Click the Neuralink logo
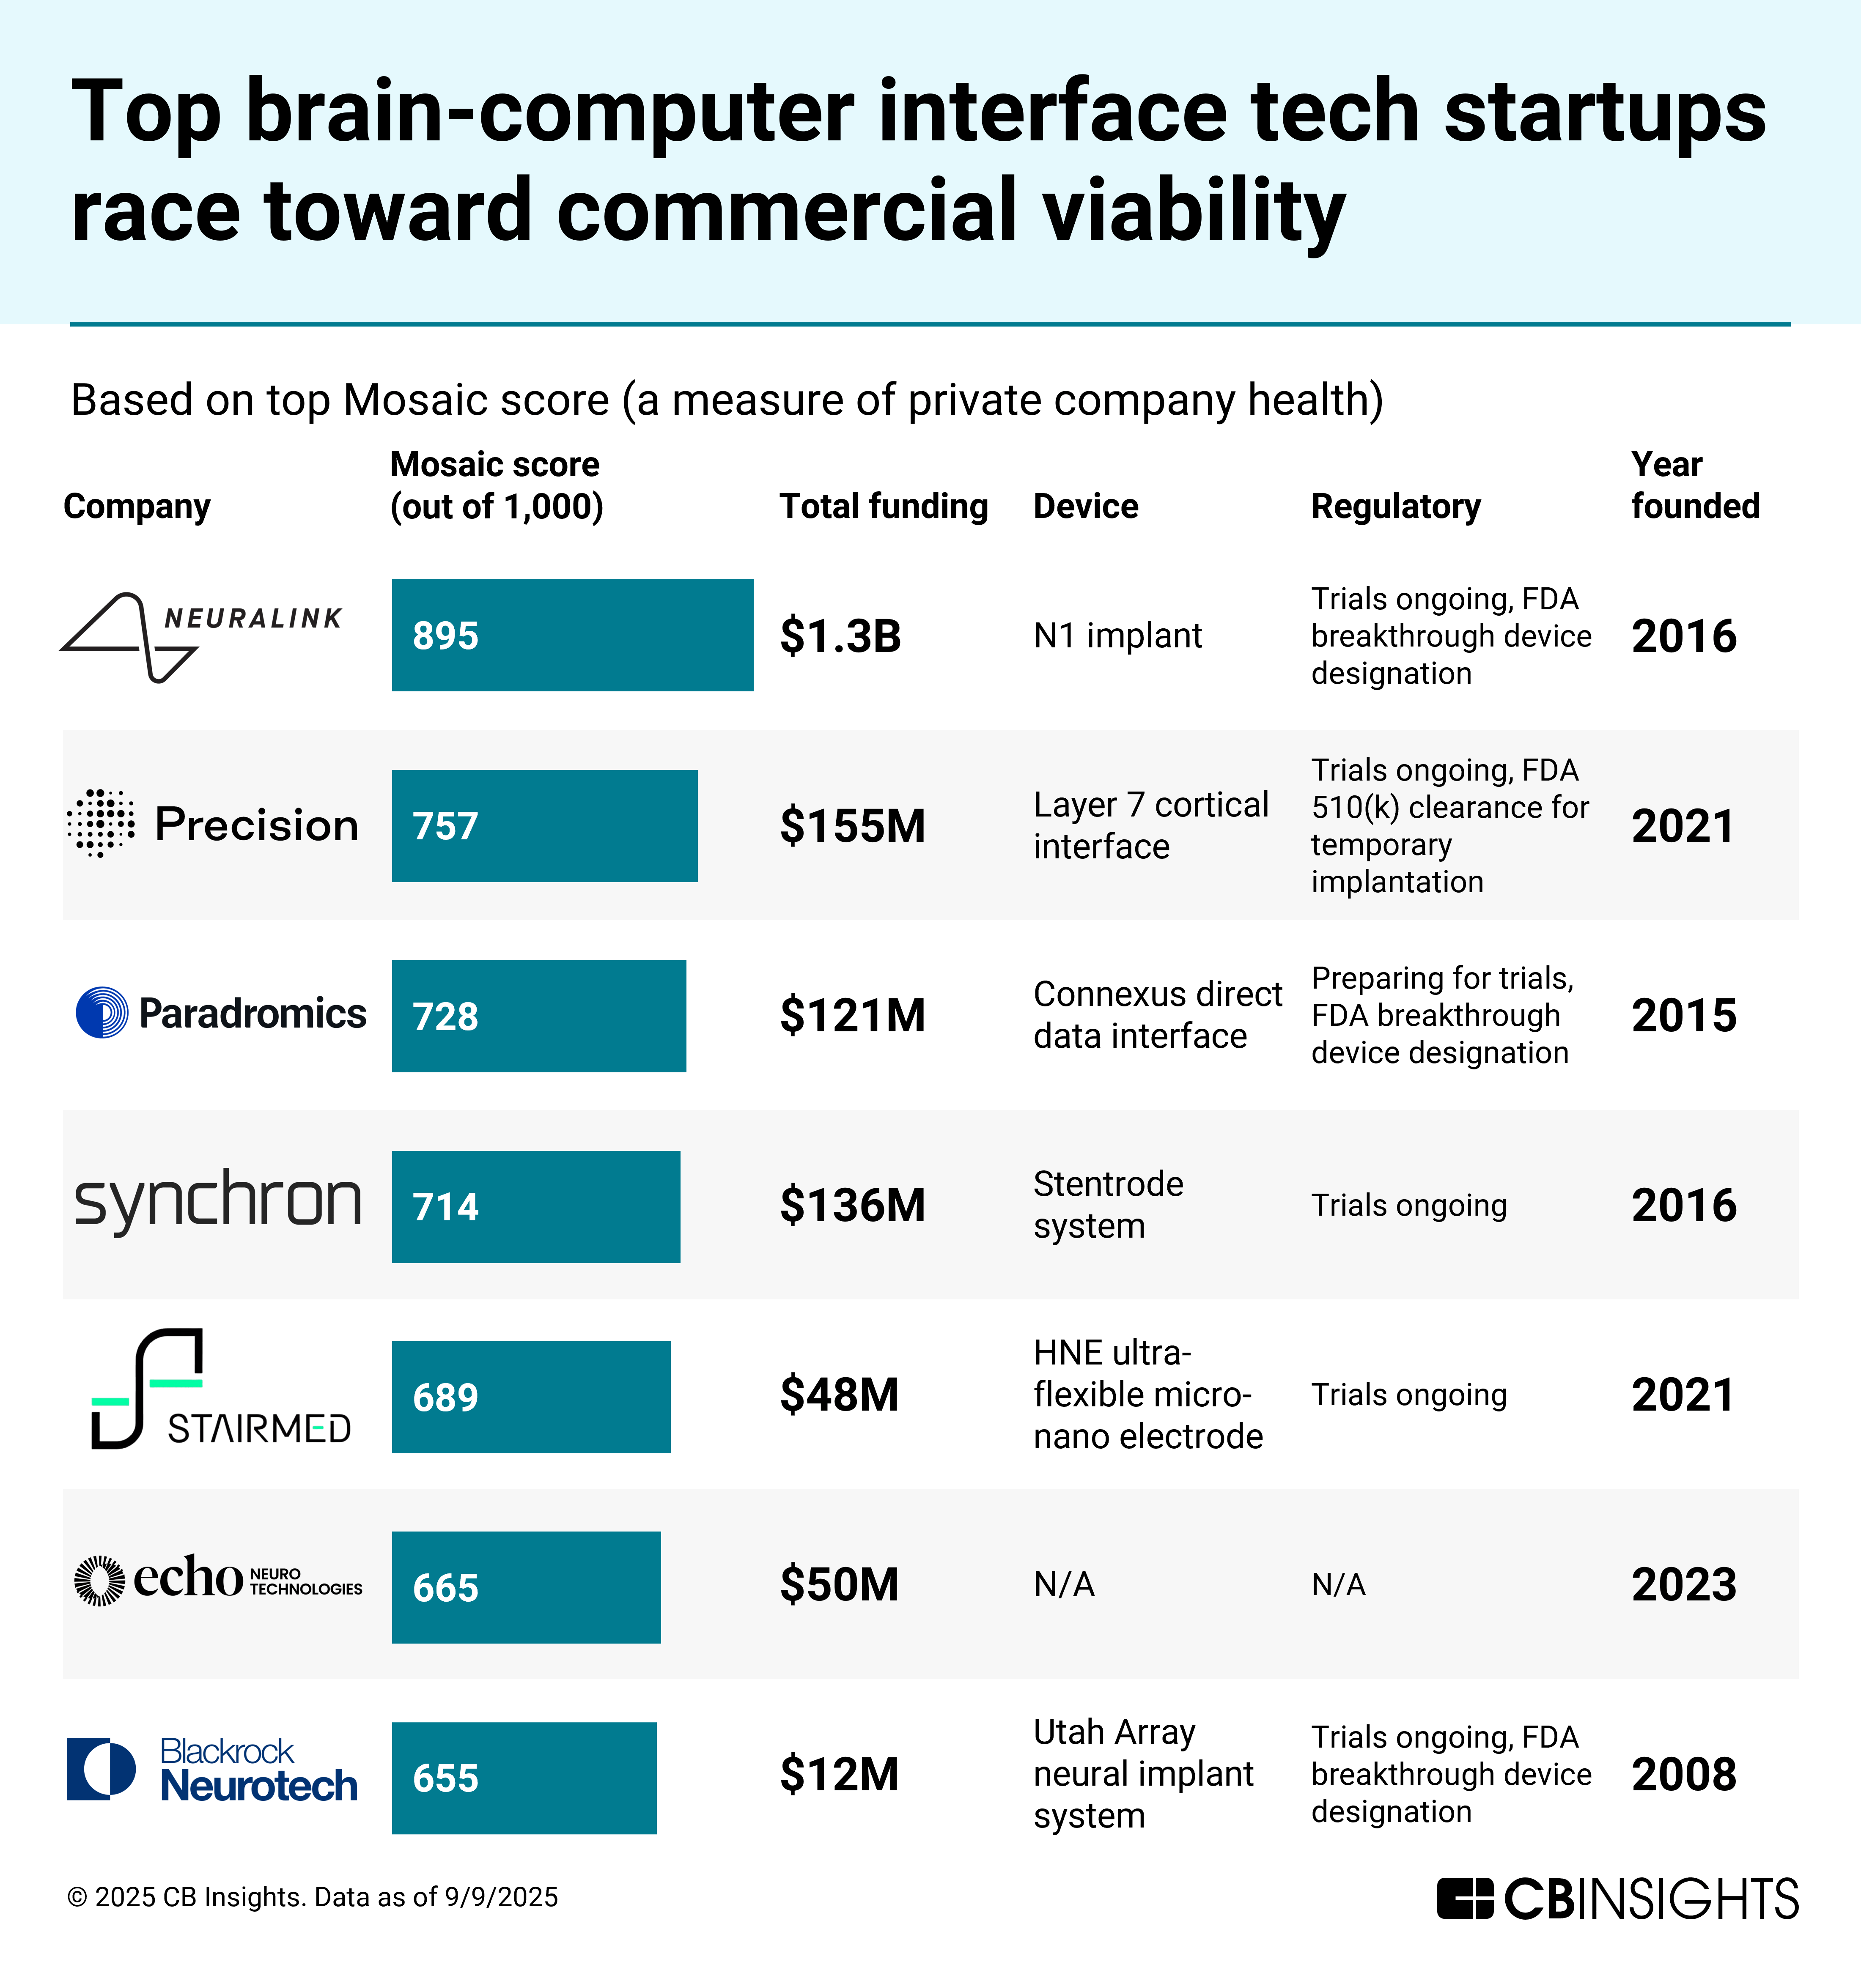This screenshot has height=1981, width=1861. pos(201,636)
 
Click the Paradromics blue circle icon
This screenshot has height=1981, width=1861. pos(102,1012)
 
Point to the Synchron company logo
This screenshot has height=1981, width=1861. pos(217,1202)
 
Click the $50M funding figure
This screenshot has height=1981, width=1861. pos(839,1584)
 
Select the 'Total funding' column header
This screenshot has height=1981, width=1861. pos(883,506)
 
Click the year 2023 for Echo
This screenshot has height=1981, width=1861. pos(1684,1584)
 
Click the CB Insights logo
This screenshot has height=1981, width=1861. pos(1617,1898)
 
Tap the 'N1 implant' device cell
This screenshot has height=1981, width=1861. pos(1117,636)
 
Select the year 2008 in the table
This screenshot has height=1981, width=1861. pos(1684,1775)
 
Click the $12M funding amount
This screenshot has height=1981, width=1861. pos(839,1775)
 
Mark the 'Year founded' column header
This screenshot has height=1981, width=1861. pos(1694,485)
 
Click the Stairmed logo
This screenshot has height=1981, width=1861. pos(219,1389)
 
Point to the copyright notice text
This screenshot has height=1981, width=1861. pos(312,1896)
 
